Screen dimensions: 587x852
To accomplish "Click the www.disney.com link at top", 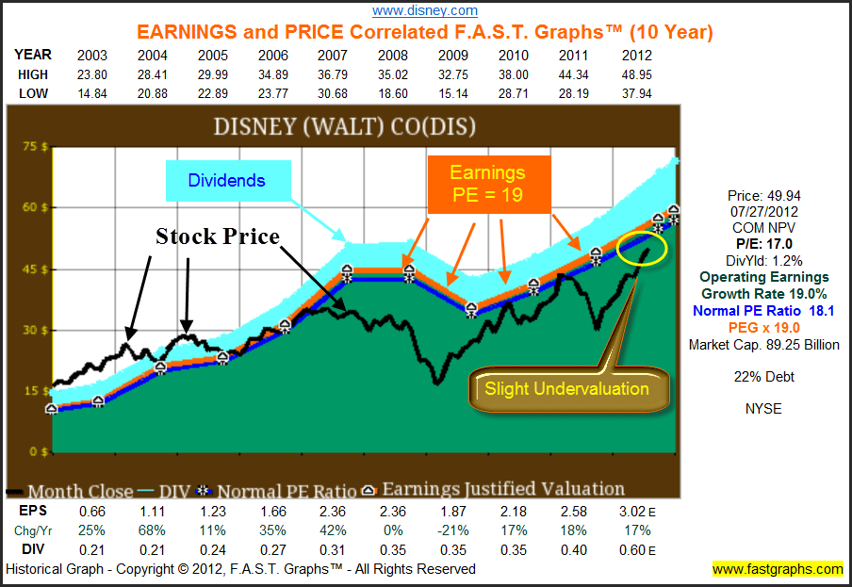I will click(x=425, y=10).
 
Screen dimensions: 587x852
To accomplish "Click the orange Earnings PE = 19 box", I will click(x=487, y=185).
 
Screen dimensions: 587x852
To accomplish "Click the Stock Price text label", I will click(x=218, y=236).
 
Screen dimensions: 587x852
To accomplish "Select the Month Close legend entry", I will click(x=73, y=491).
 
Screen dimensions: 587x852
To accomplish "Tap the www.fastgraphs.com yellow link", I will click(x=778, y=569).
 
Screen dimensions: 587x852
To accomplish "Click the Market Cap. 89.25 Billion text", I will click(x=764, y=345).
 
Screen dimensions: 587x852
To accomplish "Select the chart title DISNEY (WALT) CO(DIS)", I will click(x=344, y=126).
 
